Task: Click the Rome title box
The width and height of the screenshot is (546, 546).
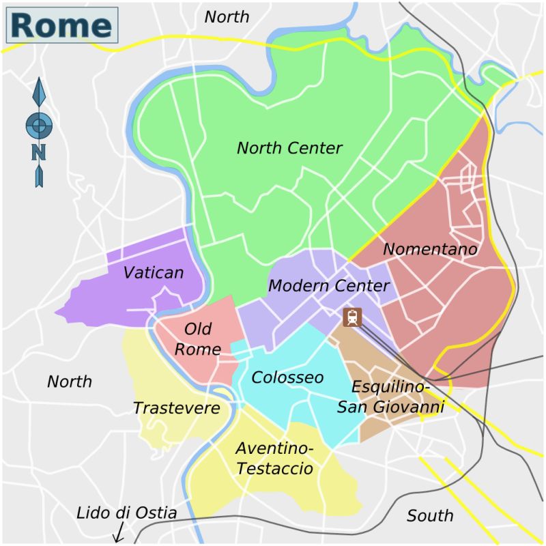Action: coord(62,25)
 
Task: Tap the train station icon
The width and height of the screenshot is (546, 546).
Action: coord(353,317)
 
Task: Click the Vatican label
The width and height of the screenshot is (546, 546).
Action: coord(154,273)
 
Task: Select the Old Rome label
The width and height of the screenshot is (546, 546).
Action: coord(198,339)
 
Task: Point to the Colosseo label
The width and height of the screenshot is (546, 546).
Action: coord(287,377)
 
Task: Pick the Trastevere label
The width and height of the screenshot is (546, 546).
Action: coord(176,408)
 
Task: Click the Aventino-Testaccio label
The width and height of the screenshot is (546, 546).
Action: coord(274,459)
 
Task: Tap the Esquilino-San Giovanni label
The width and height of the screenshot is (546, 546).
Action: coord(390,397)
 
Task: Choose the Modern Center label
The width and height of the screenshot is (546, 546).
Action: coord(328,286)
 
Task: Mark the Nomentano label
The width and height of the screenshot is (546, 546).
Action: coord(430,250)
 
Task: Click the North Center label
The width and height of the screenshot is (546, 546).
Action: coord(289,148)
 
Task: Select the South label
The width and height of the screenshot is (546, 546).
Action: coord(430,515)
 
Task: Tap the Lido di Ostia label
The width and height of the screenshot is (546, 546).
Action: coord(126,513)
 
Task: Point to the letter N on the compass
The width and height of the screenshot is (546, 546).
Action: coord(39,152)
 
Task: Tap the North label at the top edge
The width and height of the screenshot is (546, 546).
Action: coord(227,16)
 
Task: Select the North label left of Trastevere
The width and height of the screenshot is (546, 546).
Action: coord(70,382)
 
